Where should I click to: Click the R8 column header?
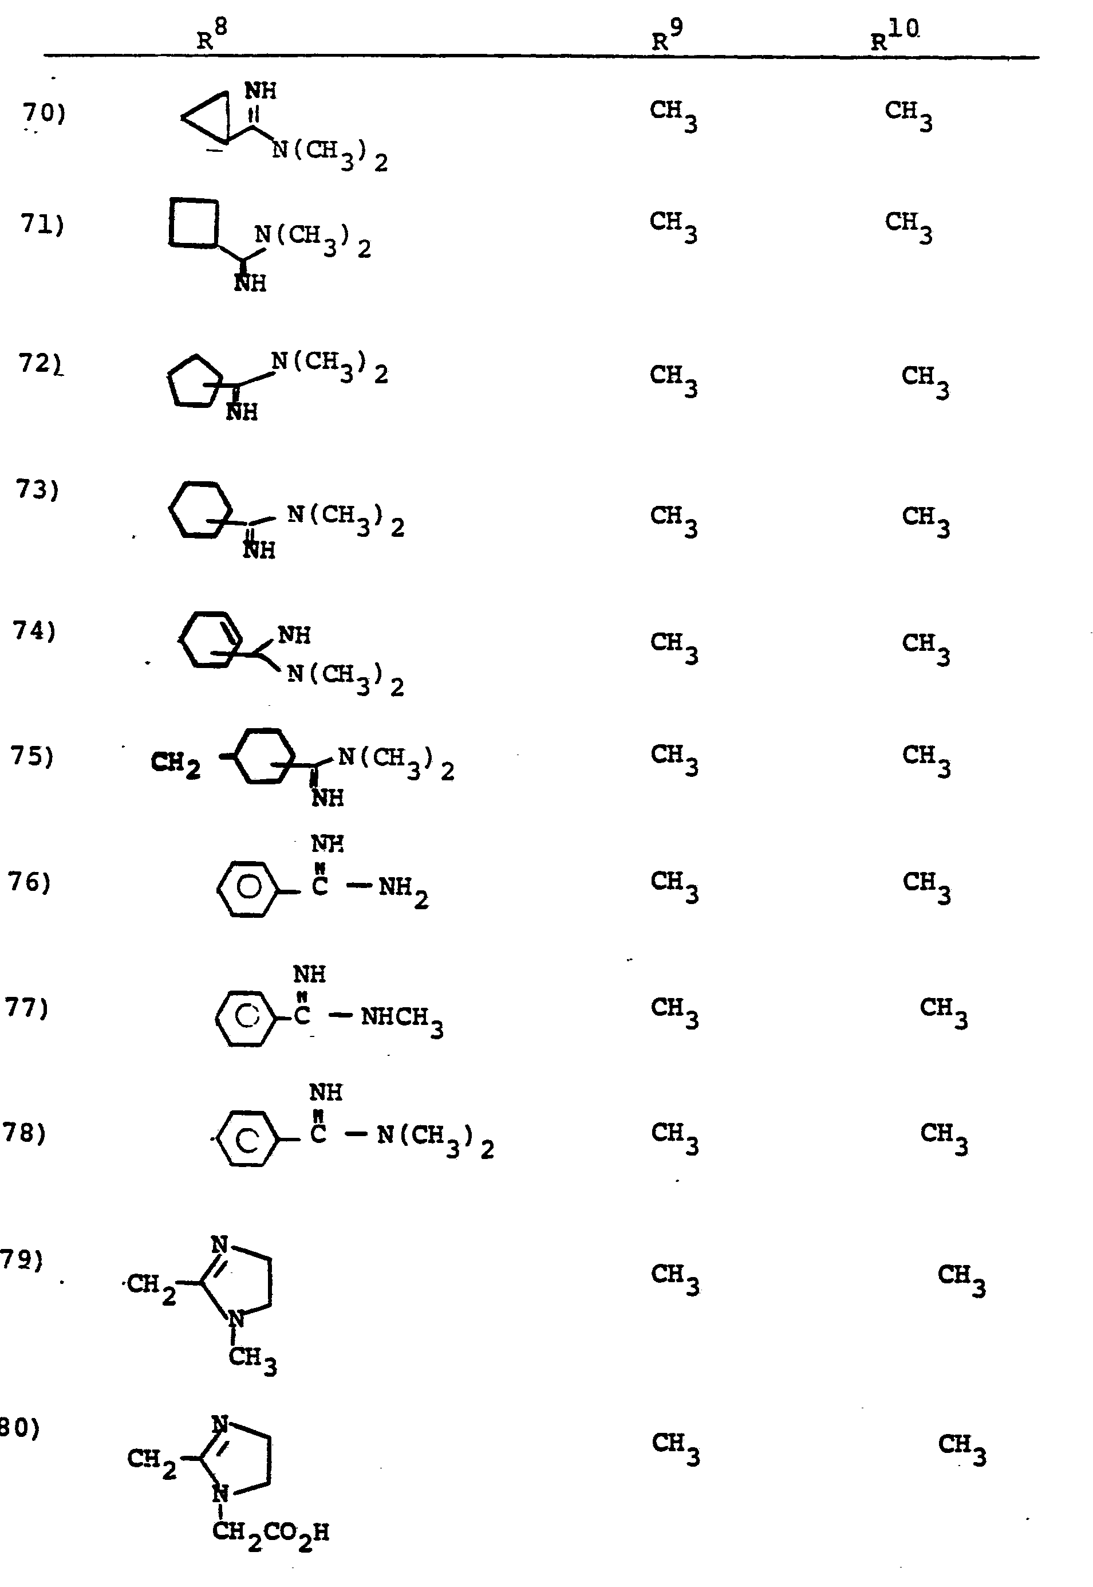tap(211, 36)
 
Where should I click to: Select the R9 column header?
tap(666, 36)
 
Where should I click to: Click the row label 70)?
tap(44, 112)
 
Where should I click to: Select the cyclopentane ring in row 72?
tap(194, 381)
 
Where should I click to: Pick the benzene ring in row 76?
tap(248, 888)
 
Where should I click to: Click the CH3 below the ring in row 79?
tap(252, 1359)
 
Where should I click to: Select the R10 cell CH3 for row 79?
tap(961, 1279)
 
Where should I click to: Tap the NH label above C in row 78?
tap(325, 1091)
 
